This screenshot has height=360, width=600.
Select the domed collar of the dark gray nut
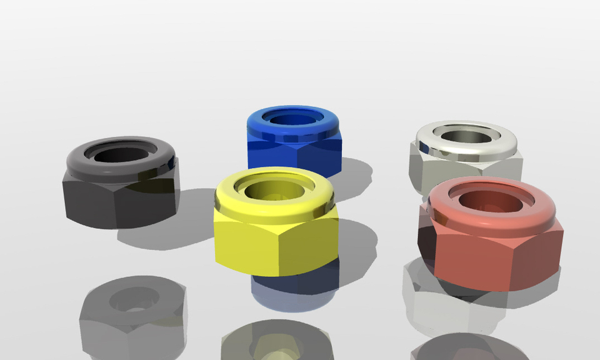(x=81, y=161)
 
